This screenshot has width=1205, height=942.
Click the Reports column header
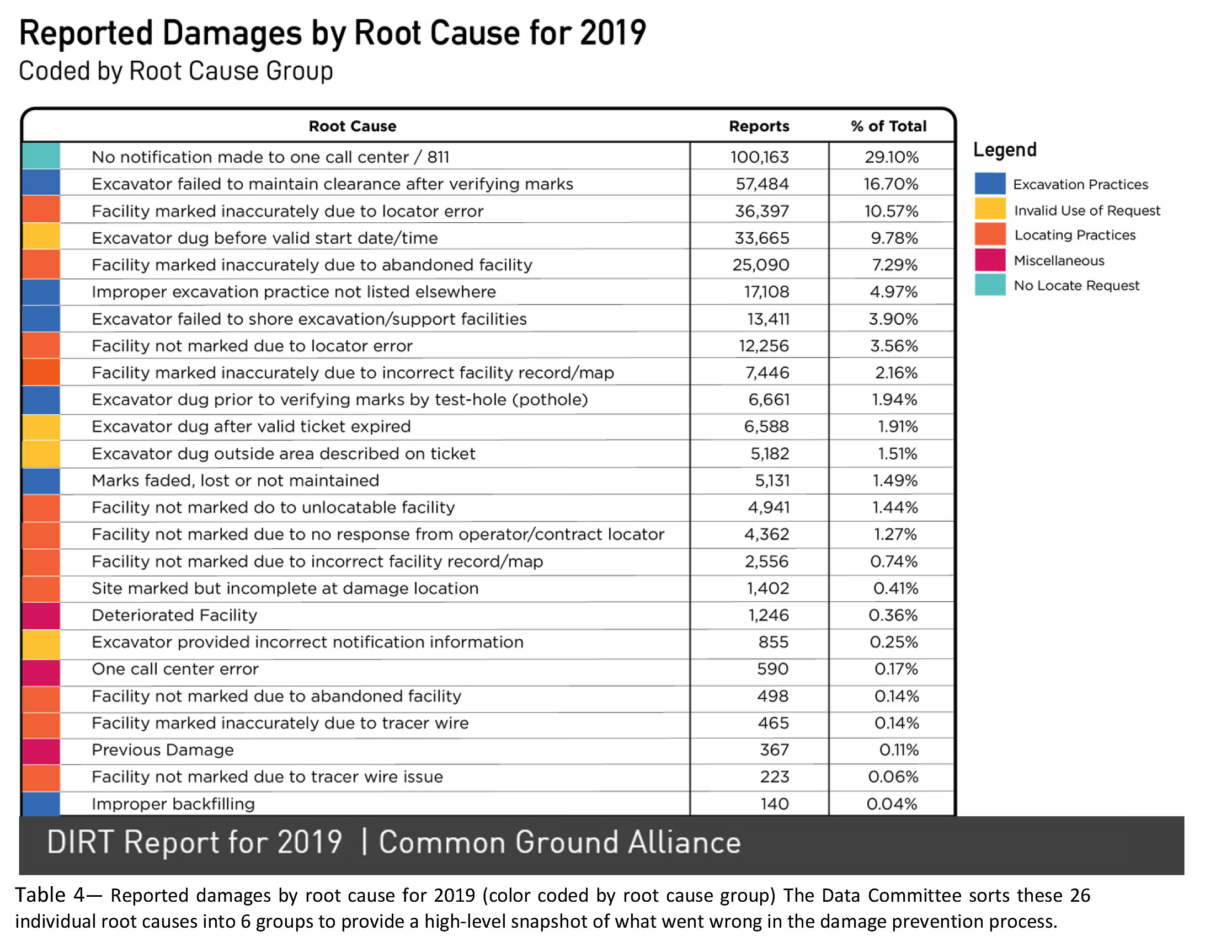coord(759,126)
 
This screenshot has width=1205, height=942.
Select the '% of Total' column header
coord(888,126)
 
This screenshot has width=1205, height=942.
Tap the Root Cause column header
coord(353,126)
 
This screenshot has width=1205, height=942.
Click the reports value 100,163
coord(760,157)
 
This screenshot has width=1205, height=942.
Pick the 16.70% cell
coord(891,184)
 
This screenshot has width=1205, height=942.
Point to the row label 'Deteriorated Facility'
coord(174,615)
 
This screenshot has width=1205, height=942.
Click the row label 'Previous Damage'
coord(163,750)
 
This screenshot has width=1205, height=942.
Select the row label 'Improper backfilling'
coord(173,804)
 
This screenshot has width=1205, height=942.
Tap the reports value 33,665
coord(762,238)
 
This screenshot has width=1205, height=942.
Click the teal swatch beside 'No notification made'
coord(41,156)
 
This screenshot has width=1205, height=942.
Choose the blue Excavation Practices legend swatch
coord(990,184)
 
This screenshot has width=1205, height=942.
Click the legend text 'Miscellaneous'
coord(1059,260)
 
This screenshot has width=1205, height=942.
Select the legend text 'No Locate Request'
coord(1076,285)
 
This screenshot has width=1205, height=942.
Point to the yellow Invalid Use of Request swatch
coord(990,209)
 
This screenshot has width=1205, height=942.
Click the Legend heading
coord(1005,150)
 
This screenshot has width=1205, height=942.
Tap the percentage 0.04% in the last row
coord(892,804)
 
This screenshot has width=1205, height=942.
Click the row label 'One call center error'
coord(175,669)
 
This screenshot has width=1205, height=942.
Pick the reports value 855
coord(774,642)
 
